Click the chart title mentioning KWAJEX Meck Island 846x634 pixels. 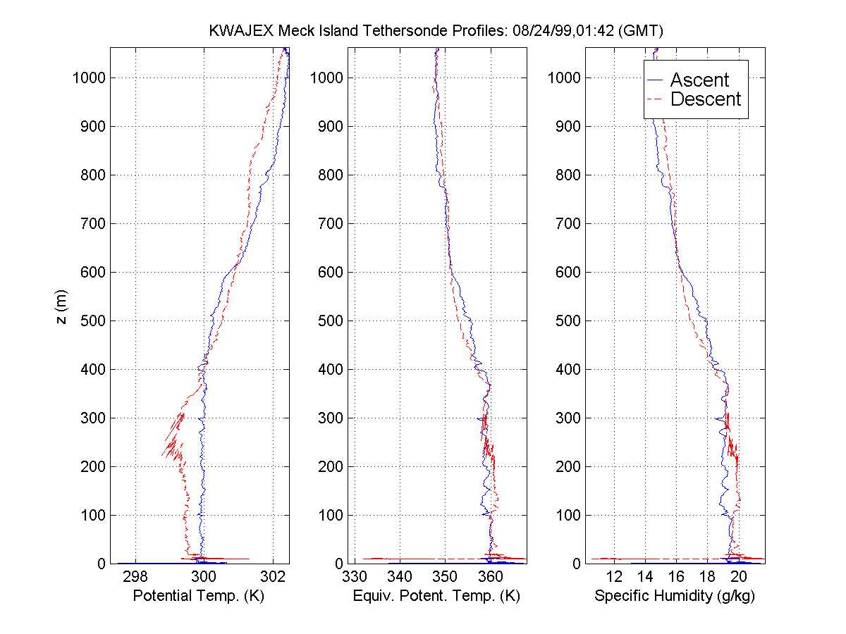coord(437,32)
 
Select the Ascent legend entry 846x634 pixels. coord(699,80)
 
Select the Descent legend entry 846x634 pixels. coord(705,99)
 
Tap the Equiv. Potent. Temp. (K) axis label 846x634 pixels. coord(436,597)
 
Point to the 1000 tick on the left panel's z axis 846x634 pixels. coord(88,77)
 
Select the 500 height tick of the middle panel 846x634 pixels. coord(330,321)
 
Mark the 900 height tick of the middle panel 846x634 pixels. coord(330,127)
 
